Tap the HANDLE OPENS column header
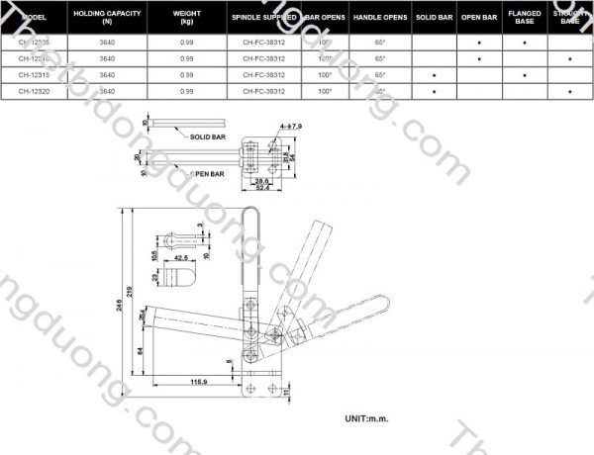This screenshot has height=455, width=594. coord(380,18)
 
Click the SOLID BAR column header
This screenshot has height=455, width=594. coord(434,18)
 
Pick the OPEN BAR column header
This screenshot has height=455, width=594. coord(479,18)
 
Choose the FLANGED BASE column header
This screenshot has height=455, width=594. coord(525,18)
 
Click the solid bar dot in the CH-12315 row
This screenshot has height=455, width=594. coord(434,75)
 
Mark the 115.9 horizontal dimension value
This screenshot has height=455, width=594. coord(199,382)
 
